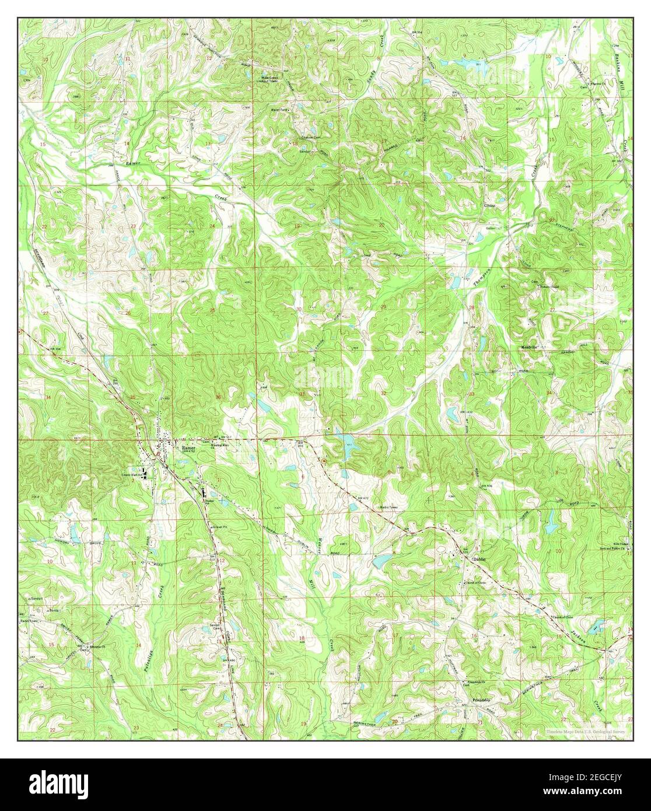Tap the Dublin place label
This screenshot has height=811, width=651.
coord(478,558)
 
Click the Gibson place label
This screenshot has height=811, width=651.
coord(488,205)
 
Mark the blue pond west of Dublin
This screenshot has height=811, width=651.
coord(382,561)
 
